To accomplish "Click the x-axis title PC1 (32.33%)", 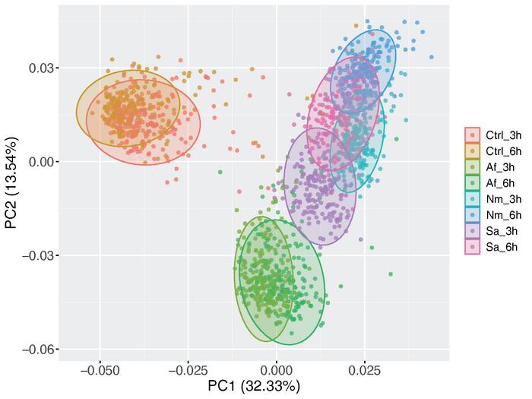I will tap(254, 386).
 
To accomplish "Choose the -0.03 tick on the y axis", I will tap(38, 255).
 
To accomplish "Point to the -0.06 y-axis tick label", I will tap(38, 349).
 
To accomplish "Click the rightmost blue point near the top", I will tap(432, 57).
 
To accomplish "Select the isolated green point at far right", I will tap(391, 274).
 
